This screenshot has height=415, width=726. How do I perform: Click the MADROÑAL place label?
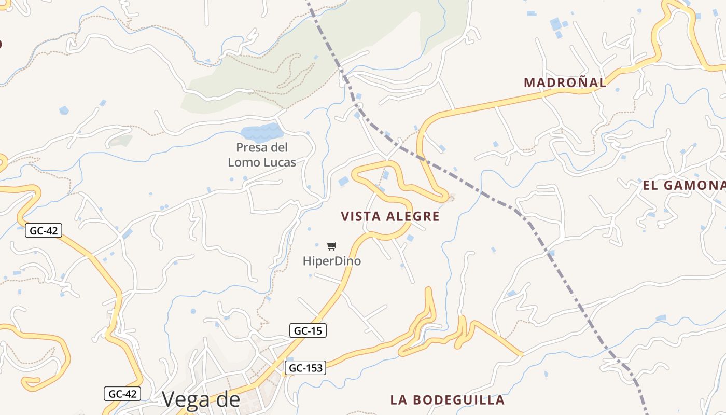(564, 82)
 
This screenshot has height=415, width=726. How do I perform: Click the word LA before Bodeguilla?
(398, 400)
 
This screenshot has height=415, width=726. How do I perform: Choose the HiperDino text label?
(332, 261)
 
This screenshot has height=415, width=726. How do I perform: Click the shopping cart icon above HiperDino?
(332, 246)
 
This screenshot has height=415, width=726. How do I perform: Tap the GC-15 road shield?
(308, 330)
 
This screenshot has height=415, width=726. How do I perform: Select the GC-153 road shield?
(305, 368)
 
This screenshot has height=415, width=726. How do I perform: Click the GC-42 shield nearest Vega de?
(122, 394)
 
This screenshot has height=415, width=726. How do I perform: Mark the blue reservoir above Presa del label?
(261, 133)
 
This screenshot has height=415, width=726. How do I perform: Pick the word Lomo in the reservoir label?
(244, 162)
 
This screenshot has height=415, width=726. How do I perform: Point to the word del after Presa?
(277, 147)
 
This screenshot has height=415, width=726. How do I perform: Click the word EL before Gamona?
(651, 186)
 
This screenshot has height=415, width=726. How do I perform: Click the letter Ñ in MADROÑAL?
(577, 82)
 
